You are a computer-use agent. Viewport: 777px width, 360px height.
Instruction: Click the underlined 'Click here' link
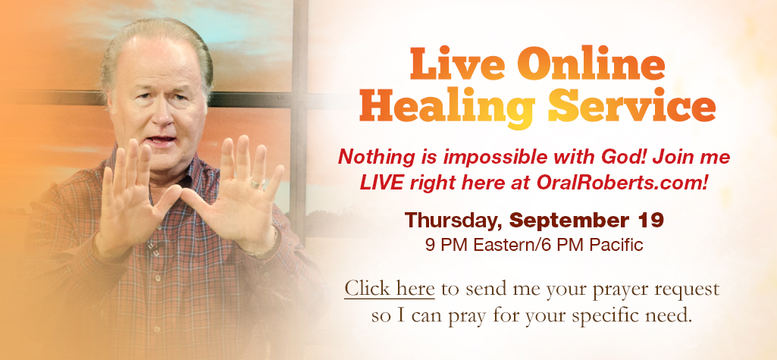(390, 289)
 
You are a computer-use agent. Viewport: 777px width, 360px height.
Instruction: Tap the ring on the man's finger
(257, 183)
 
